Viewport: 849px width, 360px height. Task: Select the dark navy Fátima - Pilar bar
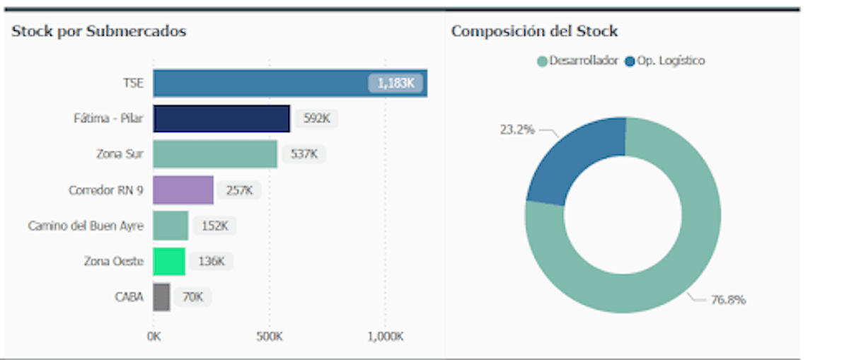[x=221, y=119]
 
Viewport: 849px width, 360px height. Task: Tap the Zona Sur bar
[x=215, y=154]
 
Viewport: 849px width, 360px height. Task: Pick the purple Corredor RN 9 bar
[x=183, y=190]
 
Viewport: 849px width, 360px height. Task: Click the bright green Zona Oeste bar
[x=169, y=262]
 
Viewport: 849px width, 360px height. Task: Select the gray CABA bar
[x=161, y=297]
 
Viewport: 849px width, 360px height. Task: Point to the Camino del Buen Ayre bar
[x=171, y=226]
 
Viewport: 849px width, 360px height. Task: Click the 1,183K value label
[x=395, y=83]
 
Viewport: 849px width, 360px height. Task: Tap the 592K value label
[x=316, y=119]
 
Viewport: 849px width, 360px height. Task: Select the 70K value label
[x=192, y=297]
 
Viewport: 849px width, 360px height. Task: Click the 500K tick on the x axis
[x=270, y=335]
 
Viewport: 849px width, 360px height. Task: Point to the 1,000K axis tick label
[x=385, y=335]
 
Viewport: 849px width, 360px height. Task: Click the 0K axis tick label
[x=154, y=335]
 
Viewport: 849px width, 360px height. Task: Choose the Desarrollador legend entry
[x=578, y=61]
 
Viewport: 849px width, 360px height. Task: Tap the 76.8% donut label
[x=728, y=300]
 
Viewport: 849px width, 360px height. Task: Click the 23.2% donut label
[x=517, y=130]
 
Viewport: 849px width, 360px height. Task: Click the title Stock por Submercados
[x=99, y=31]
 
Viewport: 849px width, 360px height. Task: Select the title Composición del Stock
[x=534, y=31]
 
